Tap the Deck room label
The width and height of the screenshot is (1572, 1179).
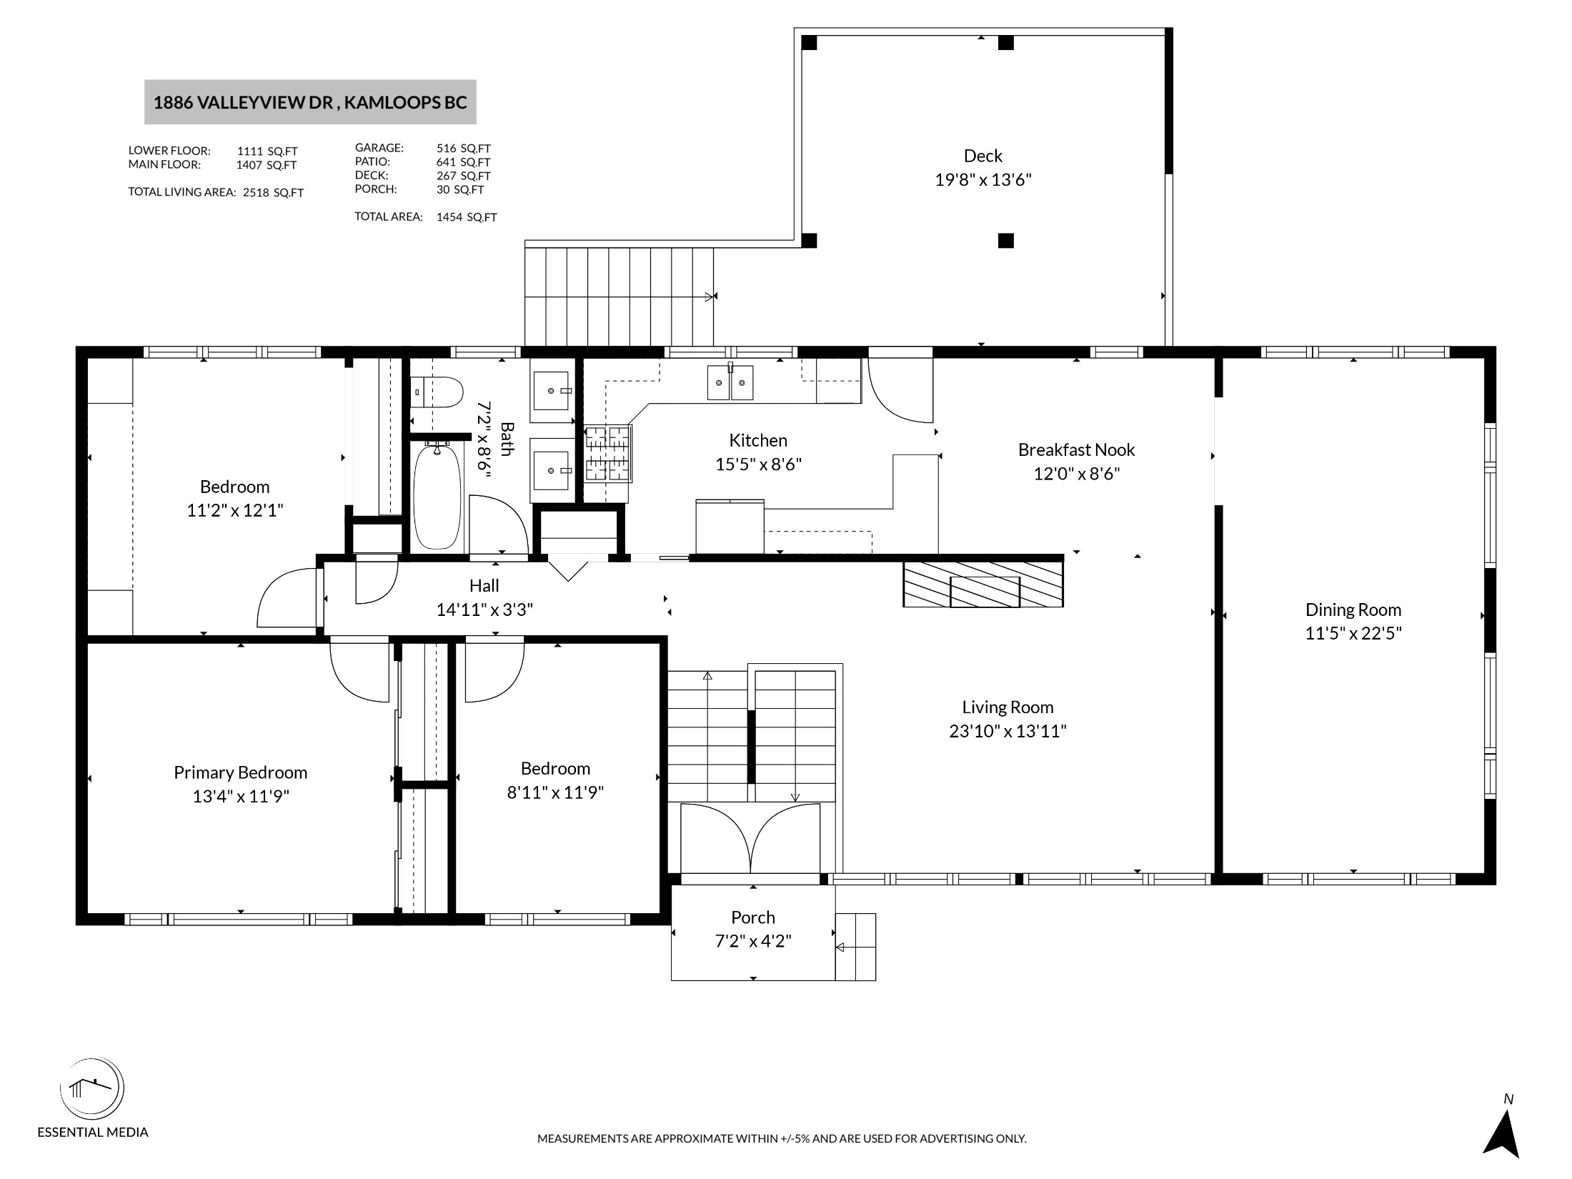click(983, 156)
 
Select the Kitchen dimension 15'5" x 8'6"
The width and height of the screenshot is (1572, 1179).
click(758, 464)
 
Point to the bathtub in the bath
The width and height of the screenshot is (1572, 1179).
click(437, 496)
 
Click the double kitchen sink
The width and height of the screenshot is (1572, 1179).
click(730, 383)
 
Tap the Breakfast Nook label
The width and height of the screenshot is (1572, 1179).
click(1076, 450)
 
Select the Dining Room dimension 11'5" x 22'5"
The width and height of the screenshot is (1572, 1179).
click(1353, 634)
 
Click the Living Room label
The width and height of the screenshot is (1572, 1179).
click(1008, 707)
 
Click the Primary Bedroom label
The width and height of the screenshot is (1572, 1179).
click(240, 773)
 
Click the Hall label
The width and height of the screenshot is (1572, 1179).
click(484, 586)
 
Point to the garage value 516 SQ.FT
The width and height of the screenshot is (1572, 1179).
click(463, 149)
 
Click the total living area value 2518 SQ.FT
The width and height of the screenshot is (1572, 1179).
click(273, 193)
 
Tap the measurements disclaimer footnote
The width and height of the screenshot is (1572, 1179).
click(782, 1139)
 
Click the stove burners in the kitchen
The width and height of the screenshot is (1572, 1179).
click(608, 453)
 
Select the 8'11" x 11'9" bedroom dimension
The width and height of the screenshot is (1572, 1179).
click(555, 792)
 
